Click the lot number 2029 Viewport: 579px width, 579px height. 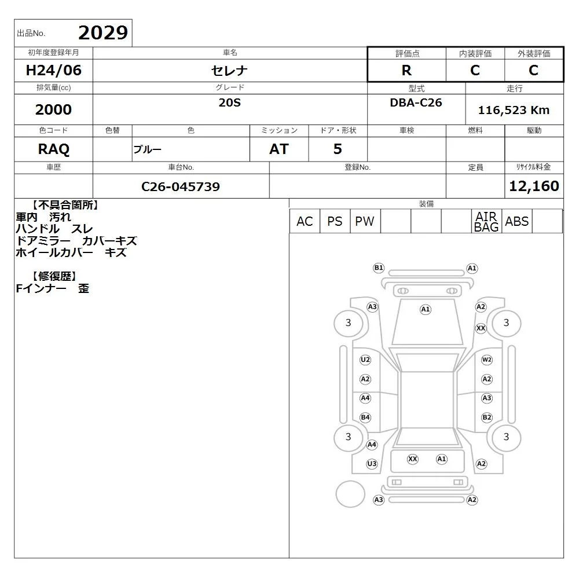tap(103, 33)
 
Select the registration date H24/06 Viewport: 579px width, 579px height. tap(53, 70)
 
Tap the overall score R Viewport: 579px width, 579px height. tap(406, 70)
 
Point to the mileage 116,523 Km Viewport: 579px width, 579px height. tap(514, 110)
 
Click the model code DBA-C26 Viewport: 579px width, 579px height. tap(416, 102)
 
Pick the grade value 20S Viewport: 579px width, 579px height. tap(230, 102)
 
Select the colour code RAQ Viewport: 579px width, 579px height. tap(53, 149)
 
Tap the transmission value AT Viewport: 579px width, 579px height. tap(279, 149)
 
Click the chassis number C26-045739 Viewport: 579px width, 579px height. tap(181, 186)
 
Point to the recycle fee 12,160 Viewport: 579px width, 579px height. tap(534, 186)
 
